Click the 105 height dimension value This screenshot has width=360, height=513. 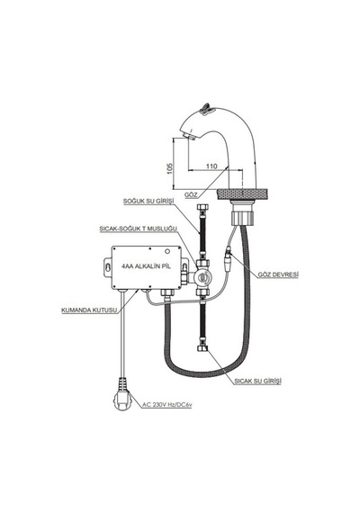(169, 168)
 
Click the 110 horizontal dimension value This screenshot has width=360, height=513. (211, 166)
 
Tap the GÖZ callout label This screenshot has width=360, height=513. (191, 194)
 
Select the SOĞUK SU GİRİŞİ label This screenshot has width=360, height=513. (148, 201)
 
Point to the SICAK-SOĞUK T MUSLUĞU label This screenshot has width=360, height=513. (139, 229)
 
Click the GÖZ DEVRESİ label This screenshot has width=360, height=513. (278, 274)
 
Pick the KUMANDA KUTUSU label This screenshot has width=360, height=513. (89, 310)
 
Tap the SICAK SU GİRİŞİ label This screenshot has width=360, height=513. (258, 381)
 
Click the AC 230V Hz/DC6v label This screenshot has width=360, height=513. (166, 405)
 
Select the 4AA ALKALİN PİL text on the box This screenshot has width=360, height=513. (146, 266)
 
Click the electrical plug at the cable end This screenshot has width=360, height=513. (121, 394)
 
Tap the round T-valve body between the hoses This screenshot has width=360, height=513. (202, 277)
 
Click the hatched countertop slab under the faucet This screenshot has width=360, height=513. (243, 194)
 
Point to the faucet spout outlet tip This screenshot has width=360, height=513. (189, 135)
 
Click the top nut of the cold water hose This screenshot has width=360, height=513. (202, 209)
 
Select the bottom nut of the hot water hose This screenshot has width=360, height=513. (202, 348)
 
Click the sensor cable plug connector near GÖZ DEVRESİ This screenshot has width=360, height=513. (228, 261)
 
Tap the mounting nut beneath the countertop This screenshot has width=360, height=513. (243, 217)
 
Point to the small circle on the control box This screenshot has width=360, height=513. (168, 252)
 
